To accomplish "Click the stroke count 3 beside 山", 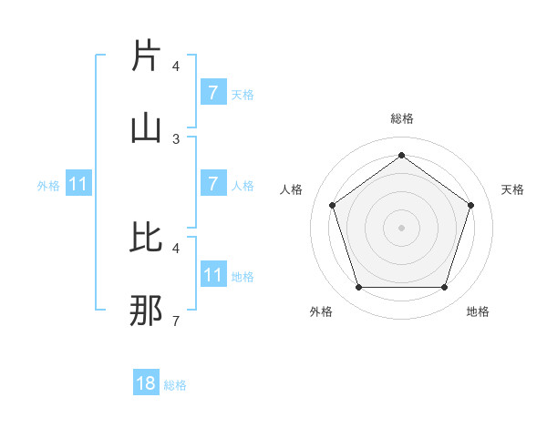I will click(176, 139).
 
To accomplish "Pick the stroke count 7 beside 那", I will click(176, 321).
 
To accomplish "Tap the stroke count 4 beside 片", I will click(176, 66).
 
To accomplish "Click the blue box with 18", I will click(146, 383).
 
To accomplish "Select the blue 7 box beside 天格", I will click(212, 92).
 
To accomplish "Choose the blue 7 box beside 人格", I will click(212, 183).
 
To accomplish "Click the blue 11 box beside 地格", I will click(212, 274).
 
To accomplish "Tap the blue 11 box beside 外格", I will click(78, 184).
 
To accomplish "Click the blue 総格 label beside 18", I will click(175, 385).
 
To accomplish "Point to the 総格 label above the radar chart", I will click(401, 118).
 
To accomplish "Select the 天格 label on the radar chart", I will click(512, 189).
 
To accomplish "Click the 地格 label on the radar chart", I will click(478, 311).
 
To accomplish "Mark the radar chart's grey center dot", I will click(401, 227).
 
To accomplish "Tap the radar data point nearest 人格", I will click(332, 205).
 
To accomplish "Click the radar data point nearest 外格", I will click(358, 288).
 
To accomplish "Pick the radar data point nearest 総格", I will click(401, 155).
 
